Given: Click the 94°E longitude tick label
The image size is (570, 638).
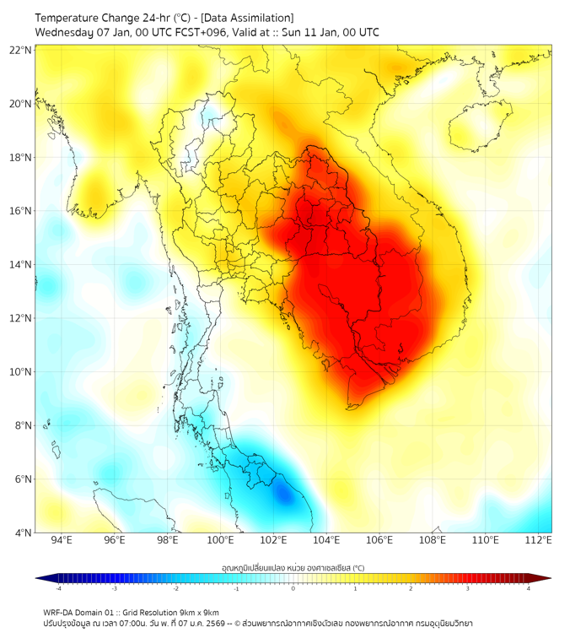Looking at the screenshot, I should click(x=62, y=540).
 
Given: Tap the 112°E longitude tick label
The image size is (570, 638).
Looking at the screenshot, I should click(x=538, y=540).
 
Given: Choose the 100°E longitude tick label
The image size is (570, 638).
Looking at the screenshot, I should click(x=220, y=540).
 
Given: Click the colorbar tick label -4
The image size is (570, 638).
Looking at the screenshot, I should click(x=57, y=588).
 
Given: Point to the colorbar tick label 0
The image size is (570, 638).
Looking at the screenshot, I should click(x=293, y=588).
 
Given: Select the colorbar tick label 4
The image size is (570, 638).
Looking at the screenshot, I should click(x=529, y=588).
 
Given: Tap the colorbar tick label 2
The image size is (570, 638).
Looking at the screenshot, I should click(x=411, y=588).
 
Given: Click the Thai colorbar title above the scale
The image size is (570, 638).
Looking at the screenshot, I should click(x=293, y=567).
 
